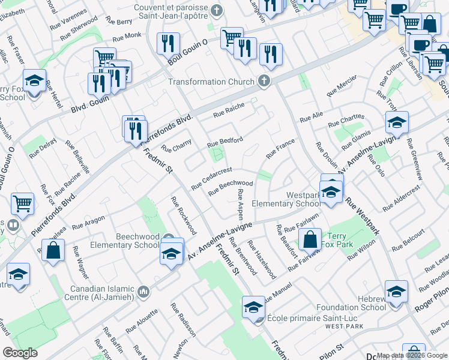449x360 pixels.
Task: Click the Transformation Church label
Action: pyautogui.click(x=211, y=82)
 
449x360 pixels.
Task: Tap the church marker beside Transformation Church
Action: pyautogui.click(x=263, y=81)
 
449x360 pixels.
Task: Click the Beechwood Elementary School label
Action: pyautogui.click(x=125, y=240)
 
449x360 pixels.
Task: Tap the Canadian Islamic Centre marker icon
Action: pyautogui.click(x=143, y=292)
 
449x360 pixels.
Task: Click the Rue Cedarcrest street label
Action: pyautogui.click(x=211, y=178)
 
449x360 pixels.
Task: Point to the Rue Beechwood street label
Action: pyautogui.click(x=231, y=187)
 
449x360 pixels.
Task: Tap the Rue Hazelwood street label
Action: pyautogui.click(x=261, y=260)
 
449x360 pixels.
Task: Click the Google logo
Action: pyautogui.click(x=20, y=353)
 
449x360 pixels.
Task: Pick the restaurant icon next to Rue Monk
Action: pyautogui.click(x=168, y=43)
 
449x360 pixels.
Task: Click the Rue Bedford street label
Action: pyautogui.click(x=224, y=142)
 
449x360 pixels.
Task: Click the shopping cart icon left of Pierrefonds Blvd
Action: pyautogui.click(x=22, y=203)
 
